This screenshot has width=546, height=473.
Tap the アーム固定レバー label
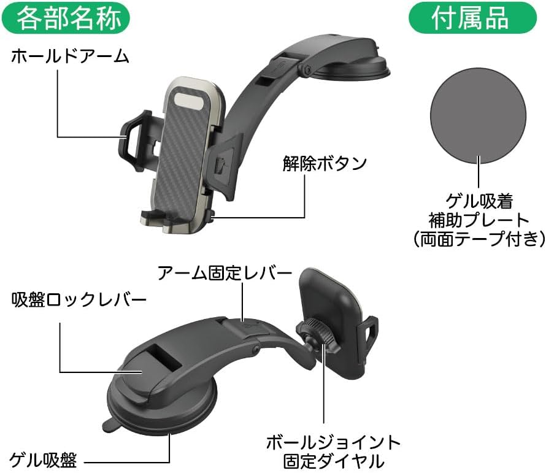(224, 273)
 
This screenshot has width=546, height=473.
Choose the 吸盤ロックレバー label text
(79, 300)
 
